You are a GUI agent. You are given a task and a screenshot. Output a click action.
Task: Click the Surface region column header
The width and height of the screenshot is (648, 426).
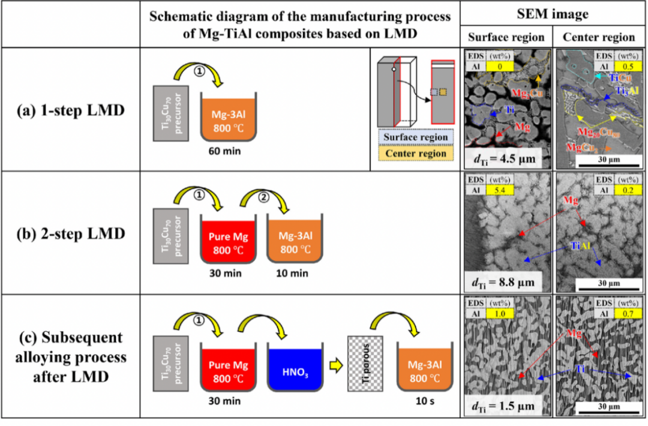click(x=506, y=37)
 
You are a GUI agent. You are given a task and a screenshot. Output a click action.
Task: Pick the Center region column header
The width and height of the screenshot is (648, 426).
click(x=599, y=37)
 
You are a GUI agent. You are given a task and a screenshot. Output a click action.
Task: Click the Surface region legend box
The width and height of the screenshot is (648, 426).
click(x=416, y=137)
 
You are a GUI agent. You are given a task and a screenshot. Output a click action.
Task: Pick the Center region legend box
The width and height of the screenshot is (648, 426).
click(x=416, y=153)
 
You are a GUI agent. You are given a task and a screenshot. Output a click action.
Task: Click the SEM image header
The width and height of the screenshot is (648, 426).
click(x=553, y=14)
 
